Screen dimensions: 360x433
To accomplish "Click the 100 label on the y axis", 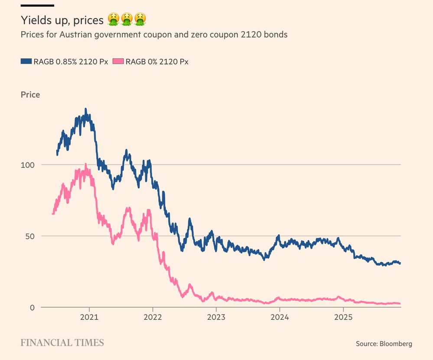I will pos(27,165).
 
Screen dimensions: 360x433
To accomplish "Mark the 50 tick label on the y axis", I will pos(29,236).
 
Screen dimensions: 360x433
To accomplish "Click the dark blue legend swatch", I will pos(26,61).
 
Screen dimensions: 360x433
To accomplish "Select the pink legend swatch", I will pos(118,61).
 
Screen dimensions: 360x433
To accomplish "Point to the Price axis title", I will pos(30,94).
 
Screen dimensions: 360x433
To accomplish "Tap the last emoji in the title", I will pos(139,19).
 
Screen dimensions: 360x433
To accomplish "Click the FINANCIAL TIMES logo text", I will pos(62,343).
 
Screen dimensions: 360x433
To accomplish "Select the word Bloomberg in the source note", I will pos(396,344).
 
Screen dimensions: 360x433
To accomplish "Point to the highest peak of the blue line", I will pos(86,109).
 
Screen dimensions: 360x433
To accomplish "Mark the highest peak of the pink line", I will pos(86,164).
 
